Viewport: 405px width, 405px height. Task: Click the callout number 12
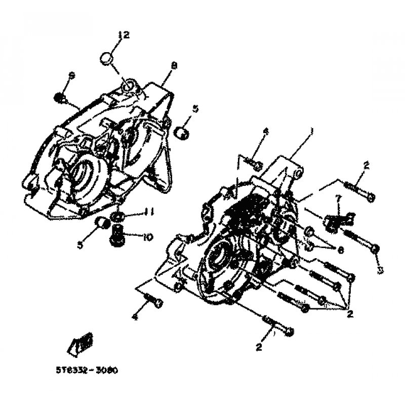(124, 35)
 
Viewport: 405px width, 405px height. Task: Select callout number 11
(134, 212)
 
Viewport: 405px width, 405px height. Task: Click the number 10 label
(134, 236)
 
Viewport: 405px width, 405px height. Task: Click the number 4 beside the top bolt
(265, 133)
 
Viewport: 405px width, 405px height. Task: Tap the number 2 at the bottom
(260, 347)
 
